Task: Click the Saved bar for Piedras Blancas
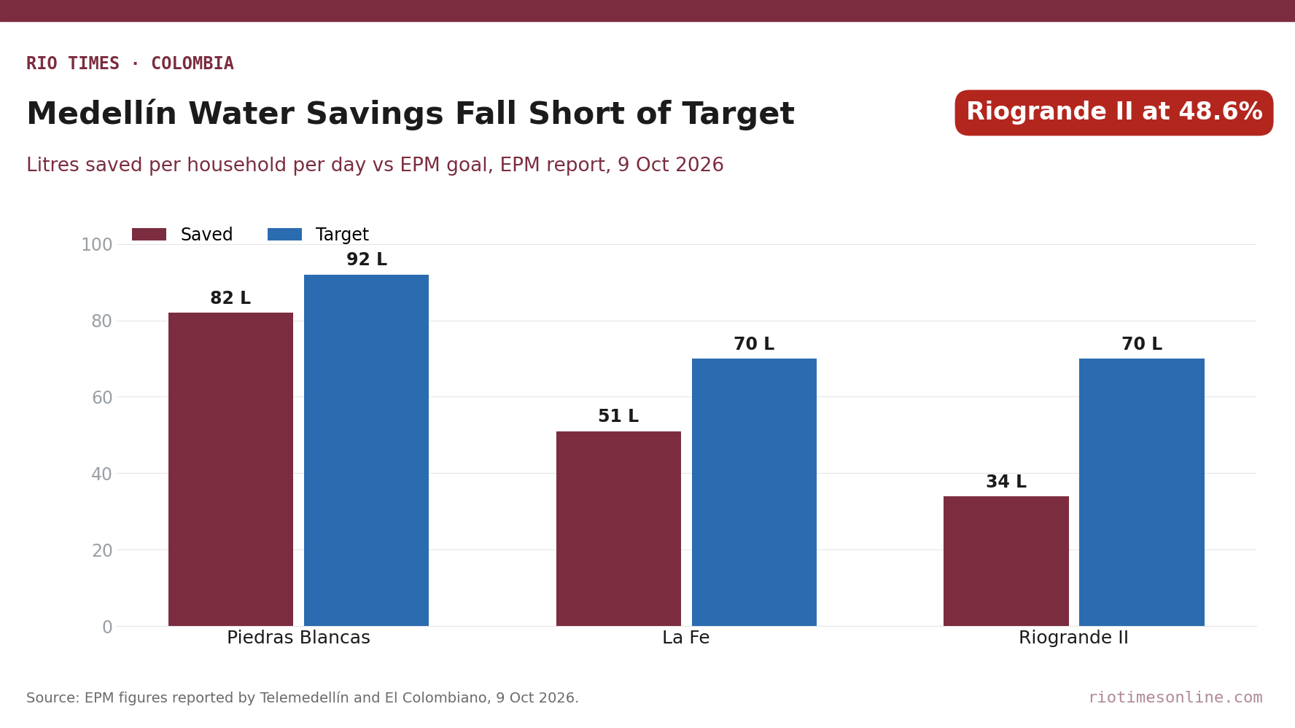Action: [x=230, y=469]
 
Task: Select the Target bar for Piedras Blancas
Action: [x=366, y=450]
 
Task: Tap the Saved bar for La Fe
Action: [x=618, y=528]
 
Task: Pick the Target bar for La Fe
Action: [x=754, y=492]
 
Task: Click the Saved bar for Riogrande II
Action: [x=1006, y=561]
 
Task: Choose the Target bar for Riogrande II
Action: [x=1142, y=492]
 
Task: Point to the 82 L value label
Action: [x=230, y=299]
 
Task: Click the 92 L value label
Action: [x=367, y=260]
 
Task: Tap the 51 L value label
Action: [x=618, y=417]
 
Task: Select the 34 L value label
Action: [x=1006, y=482]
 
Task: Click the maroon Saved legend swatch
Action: [x=149, y=235]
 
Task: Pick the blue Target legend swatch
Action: [x=284, y=235]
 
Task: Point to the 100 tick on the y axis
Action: [x=97, y=245]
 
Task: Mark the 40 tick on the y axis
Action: [x=102, y=474]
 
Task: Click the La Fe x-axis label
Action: [x=686, y=638]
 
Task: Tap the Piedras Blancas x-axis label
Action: [x=298, y=638]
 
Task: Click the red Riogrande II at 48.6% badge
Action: [x=1114, y=113]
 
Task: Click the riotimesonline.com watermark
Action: [x=1175, y=698]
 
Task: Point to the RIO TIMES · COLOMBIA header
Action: [x=130, y=64]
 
